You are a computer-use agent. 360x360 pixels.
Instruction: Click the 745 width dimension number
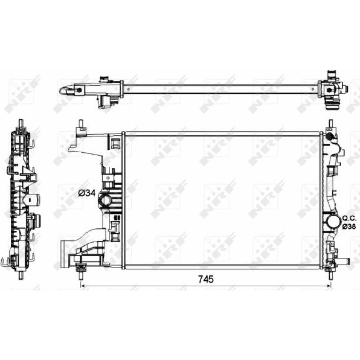pos(206,279)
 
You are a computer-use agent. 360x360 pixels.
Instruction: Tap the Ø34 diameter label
pos(86,193)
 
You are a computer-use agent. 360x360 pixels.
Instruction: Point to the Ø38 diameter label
pos(349,226)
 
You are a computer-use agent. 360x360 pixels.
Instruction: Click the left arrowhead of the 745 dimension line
pos(82,286)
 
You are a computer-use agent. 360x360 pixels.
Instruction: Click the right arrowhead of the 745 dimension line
pos(329,286)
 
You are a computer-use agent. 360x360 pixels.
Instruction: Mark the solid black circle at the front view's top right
pos(329,136)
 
